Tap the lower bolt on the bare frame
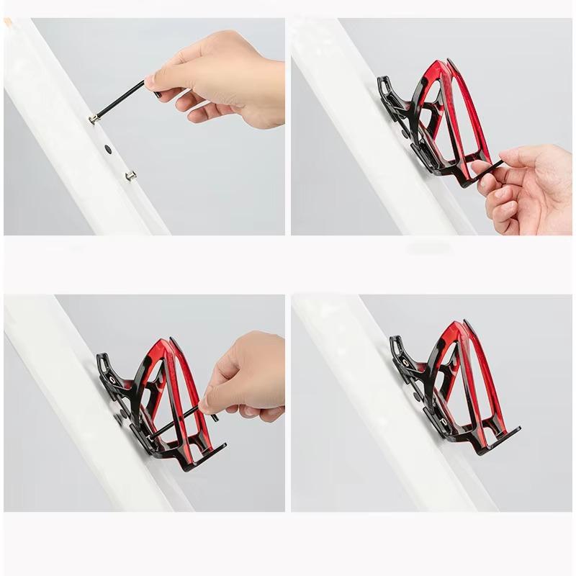coord(130,174)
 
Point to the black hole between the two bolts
coord(108,149)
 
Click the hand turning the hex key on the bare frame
coord(223,79)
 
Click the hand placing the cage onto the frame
coord(529,184)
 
